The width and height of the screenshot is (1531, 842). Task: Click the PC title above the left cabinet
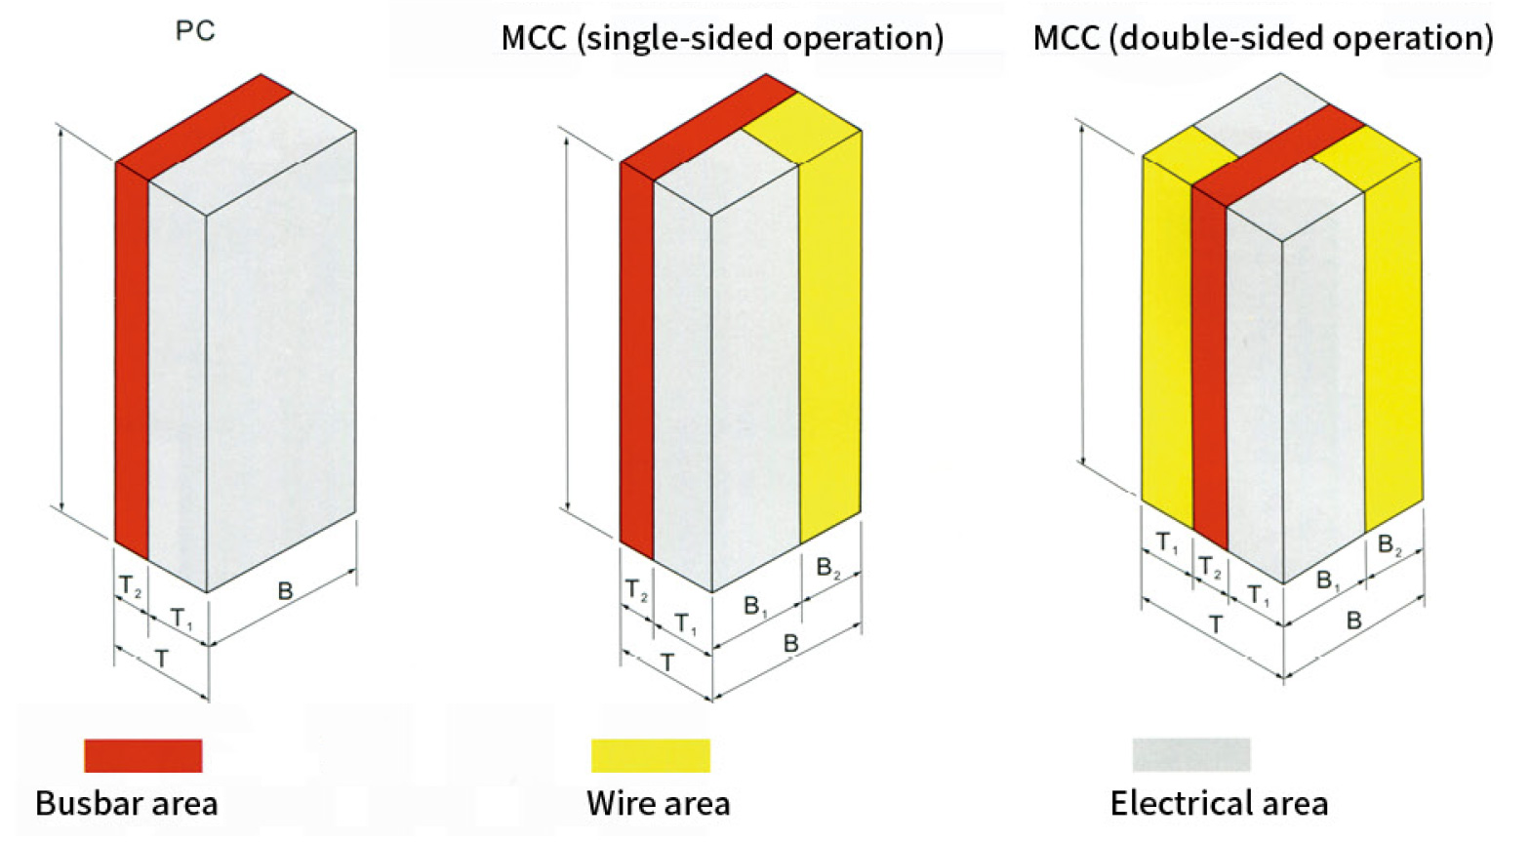(x=195, y=31)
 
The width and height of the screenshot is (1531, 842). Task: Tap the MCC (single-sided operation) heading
(x=722, y=38)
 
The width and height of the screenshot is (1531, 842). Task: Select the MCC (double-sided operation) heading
(x=1263, y=38)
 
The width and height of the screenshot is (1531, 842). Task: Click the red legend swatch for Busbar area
(x=142, y=755)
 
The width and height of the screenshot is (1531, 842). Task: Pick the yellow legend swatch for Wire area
(x=651, y=755)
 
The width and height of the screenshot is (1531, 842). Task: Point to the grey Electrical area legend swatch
(x=1191, y=754)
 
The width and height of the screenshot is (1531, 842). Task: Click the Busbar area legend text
(x=127, y=803)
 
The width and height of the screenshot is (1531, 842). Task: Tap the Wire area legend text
(x=659, y=803)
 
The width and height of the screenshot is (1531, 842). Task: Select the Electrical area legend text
(x=1220, y=803)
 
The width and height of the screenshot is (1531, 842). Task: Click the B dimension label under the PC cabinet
(x=285, y=590)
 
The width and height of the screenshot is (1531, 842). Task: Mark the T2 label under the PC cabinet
(x=130, y=586)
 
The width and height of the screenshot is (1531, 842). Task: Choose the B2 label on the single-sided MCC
(x=827, y=568)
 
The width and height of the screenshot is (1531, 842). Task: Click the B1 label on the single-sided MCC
(x=755, y=606)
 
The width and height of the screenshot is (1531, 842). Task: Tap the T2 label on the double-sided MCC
(x=1210, y=567)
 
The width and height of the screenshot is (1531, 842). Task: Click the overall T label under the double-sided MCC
(x=1215, y=624)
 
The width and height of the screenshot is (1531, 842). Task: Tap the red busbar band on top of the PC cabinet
(x=204, y=127)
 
